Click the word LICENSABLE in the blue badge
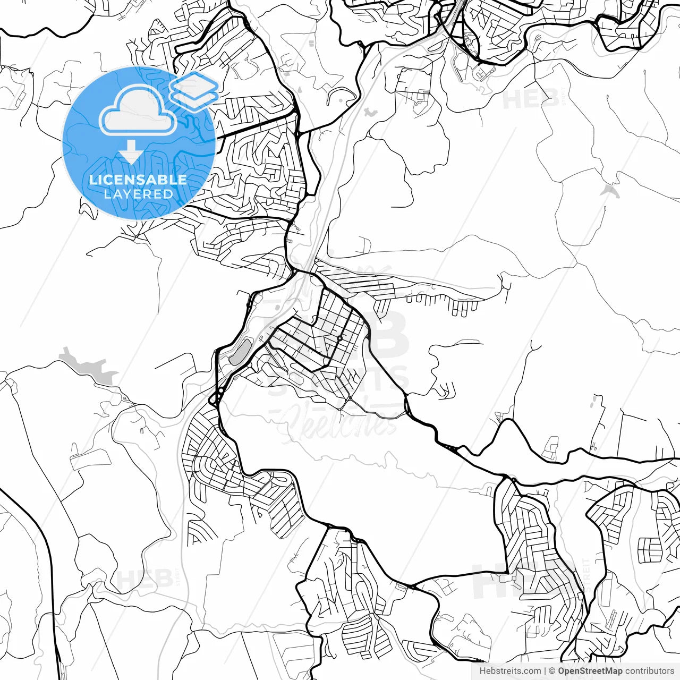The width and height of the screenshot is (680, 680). (138, 180)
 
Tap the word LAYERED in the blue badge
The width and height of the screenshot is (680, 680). (138, 194)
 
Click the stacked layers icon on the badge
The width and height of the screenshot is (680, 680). (194, 90)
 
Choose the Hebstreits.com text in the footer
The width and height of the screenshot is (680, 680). (510, 671)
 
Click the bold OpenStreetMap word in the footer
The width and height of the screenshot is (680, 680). (590, 671)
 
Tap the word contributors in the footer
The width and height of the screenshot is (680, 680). (649, 671)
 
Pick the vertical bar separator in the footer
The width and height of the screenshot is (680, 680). (545, 671)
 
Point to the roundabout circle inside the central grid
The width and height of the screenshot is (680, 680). (339, 338)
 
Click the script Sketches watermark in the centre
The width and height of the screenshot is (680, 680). (340, 422)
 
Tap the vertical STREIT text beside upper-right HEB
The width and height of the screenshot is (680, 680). (564, 96)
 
